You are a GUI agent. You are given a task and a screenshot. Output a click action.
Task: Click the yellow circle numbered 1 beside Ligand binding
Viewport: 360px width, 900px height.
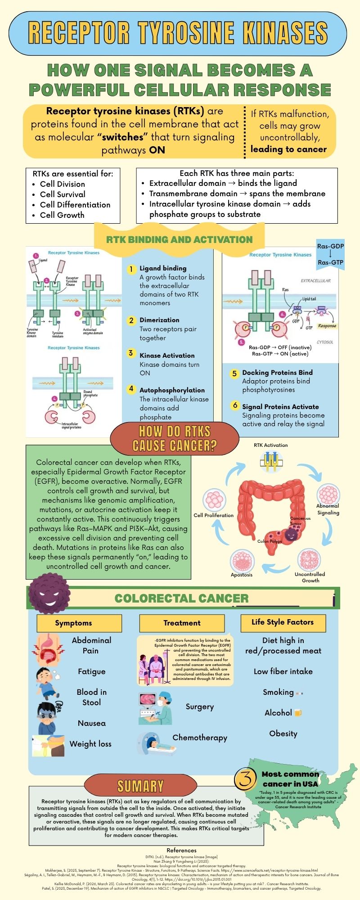click(131, 269)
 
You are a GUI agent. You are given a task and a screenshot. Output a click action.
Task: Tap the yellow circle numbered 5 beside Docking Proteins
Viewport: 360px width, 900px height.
click(234, 373)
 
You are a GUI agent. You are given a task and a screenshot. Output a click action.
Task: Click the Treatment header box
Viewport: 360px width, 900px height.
click(182, 623)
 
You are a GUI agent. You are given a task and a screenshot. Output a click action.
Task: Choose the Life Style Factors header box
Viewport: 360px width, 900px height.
click(283, 622)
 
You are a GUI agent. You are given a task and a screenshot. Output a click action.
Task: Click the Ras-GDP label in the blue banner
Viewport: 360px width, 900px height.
click(330, 247)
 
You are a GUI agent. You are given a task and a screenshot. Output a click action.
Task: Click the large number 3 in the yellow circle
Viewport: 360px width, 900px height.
click(246, 779)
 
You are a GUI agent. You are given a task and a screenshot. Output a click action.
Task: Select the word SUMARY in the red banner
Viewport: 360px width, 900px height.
click(140, 786)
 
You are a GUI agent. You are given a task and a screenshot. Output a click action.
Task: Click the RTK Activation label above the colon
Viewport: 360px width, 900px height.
click(270, 445)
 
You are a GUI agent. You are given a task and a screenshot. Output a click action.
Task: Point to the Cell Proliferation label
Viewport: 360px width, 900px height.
click(213, 515)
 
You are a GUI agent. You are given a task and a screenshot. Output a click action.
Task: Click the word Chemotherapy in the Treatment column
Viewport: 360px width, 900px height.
click(200, 738)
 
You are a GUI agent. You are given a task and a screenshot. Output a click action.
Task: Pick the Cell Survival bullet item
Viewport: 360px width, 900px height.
click(63, 194)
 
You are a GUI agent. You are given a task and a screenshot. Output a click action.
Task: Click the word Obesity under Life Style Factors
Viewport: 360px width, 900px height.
click(283, 733)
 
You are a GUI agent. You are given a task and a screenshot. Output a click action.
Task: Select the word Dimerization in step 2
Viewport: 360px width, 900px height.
click(159, 320)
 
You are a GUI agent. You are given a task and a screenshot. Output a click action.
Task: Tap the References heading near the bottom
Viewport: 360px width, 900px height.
click(181, 850)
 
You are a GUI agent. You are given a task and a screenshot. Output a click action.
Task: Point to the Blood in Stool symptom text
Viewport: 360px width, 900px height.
click(91, 697)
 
